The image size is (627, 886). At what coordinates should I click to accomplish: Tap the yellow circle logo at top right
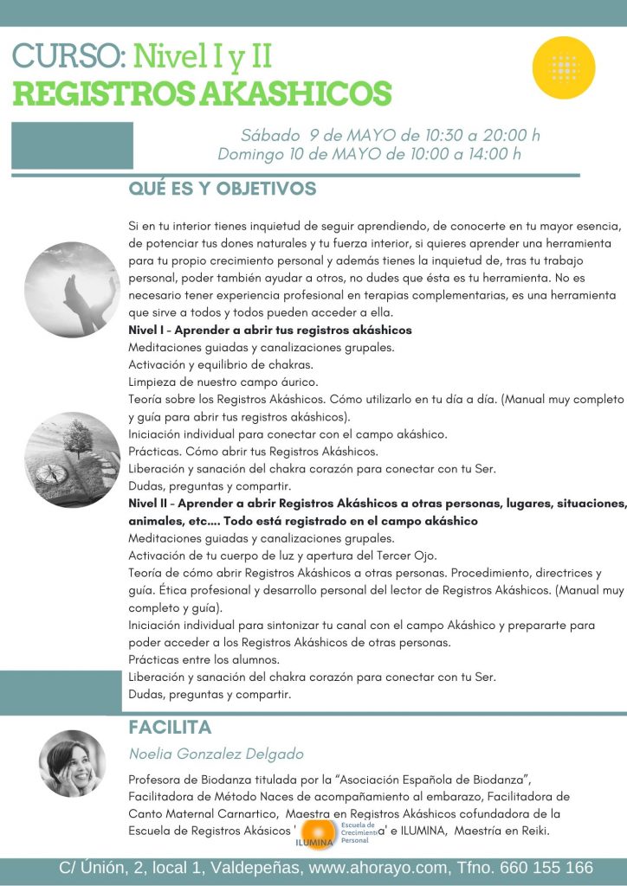point(564,67)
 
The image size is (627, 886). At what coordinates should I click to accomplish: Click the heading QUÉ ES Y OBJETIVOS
point(222,189)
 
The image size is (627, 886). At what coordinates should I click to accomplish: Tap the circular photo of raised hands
point(72,289)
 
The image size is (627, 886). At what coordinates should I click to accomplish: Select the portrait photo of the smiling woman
point(72,764)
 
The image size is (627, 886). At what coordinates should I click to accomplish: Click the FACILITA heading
point(170,727)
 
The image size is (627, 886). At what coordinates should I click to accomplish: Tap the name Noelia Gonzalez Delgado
point(216,754)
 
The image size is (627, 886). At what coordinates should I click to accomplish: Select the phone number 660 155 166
point(543,868)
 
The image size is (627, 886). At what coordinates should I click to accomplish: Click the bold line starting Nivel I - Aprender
point(269,331)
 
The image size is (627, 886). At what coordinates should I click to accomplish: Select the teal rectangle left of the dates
point(72,145)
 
